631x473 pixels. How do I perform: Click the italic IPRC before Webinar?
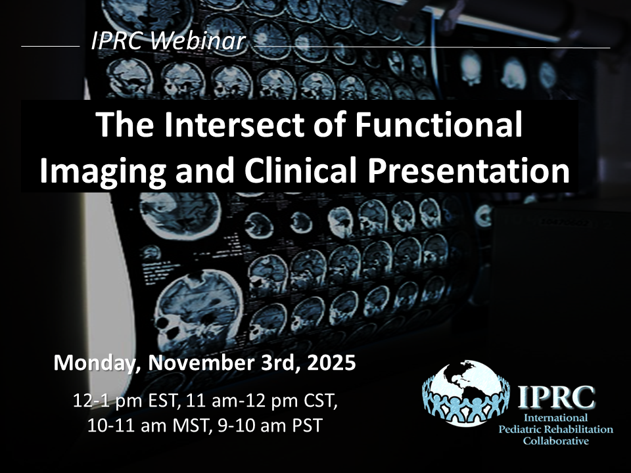click(116, 41)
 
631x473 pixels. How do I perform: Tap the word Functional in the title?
click(438, 124)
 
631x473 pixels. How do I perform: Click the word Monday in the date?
click(97, 363)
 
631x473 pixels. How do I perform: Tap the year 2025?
click(331, 363)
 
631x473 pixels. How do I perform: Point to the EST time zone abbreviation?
click(164, 401)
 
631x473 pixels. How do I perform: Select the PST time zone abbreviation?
click(307, 426)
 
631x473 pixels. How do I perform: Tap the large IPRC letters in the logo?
click(556, 397)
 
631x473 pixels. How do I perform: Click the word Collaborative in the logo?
click(556, 441)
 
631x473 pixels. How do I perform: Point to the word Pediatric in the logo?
click(521, 429)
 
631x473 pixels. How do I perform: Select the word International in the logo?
click(556, 418)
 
